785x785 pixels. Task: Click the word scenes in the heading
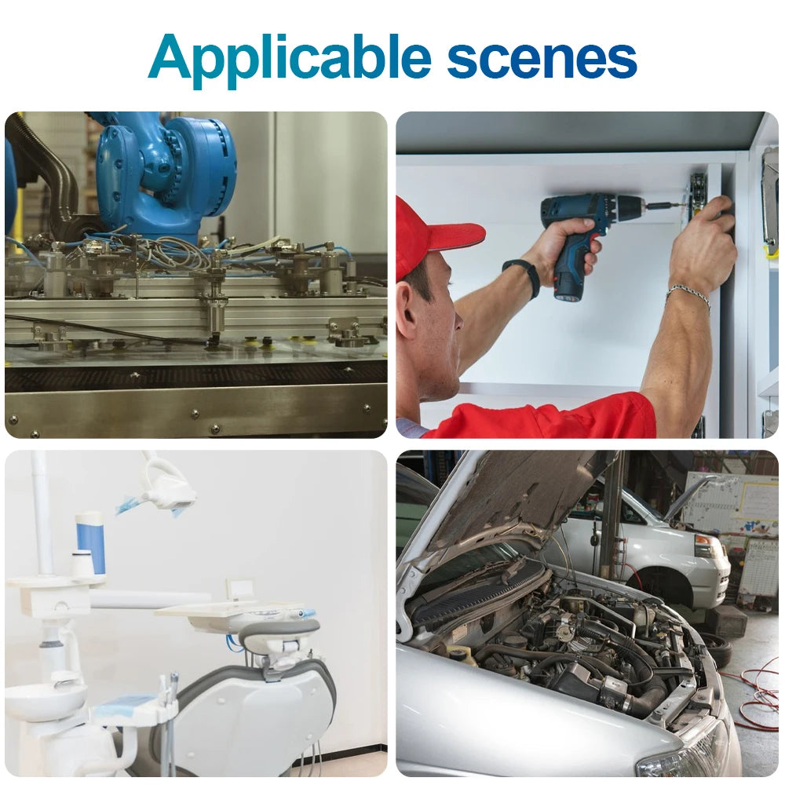pos(542,60)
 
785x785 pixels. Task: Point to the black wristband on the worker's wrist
pos(523,277)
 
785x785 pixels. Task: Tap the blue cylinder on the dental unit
pos(92,542)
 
